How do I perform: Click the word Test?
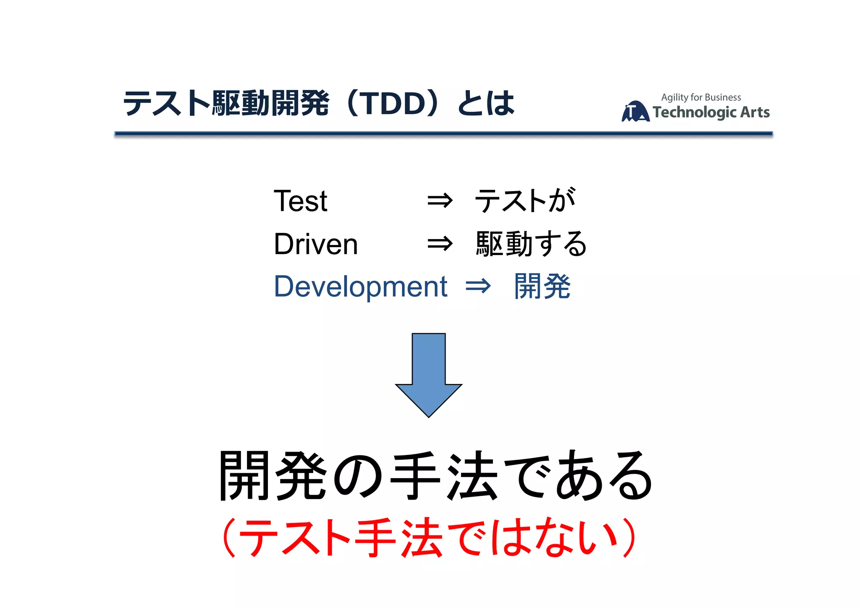[300, 201]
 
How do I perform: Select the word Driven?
[316, 244]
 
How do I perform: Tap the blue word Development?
[361, 287]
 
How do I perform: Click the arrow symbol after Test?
[440, 201]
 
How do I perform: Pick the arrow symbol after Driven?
[440, 244]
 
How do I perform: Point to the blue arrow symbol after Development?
[478, 287]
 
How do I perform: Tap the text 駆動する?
[531, 244]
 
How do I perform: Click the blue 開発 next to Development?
[542, 287]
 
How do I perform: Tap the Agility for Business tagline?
[701, 97]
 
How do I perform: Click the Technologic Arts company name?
[711, 113]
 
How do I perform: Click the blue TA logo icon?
[635, 112]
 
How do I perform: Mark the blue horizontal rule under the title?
[443, 134]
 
